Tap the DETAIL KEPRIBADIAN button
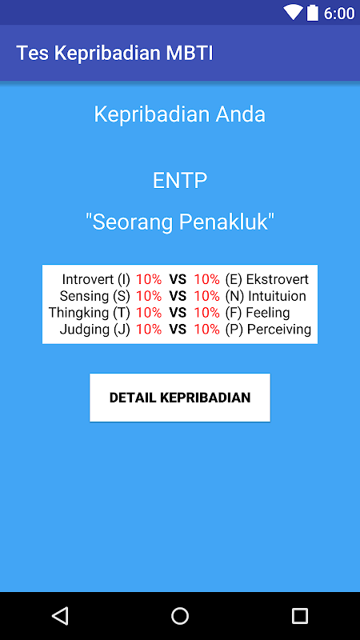(179, 397)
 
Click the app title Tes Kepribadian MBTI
(114, 54)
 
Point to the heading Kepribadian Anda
(179, 114)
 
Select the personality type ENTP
(180, 181)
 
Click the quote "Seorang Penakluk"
(179, 222)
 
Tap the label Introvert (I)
(96, 279)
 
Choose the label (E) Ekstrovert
(267, 279)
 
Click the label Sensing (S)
(94, 296)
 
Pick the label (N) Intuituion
(266, 296)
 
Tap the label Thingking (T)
(90, 313)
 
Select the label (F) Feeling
(258, 313)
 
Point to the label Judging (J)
(94, 329)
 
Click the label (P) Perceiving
(268, 329)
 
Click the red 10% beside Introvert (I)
(149, 279)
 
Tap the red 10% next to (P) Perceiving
(207, 329)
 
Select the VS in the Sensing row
(178, 296)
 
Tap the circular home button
(180, 616)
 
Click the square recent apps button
(299, 616)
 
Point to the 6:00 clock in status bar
(338, 14)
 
